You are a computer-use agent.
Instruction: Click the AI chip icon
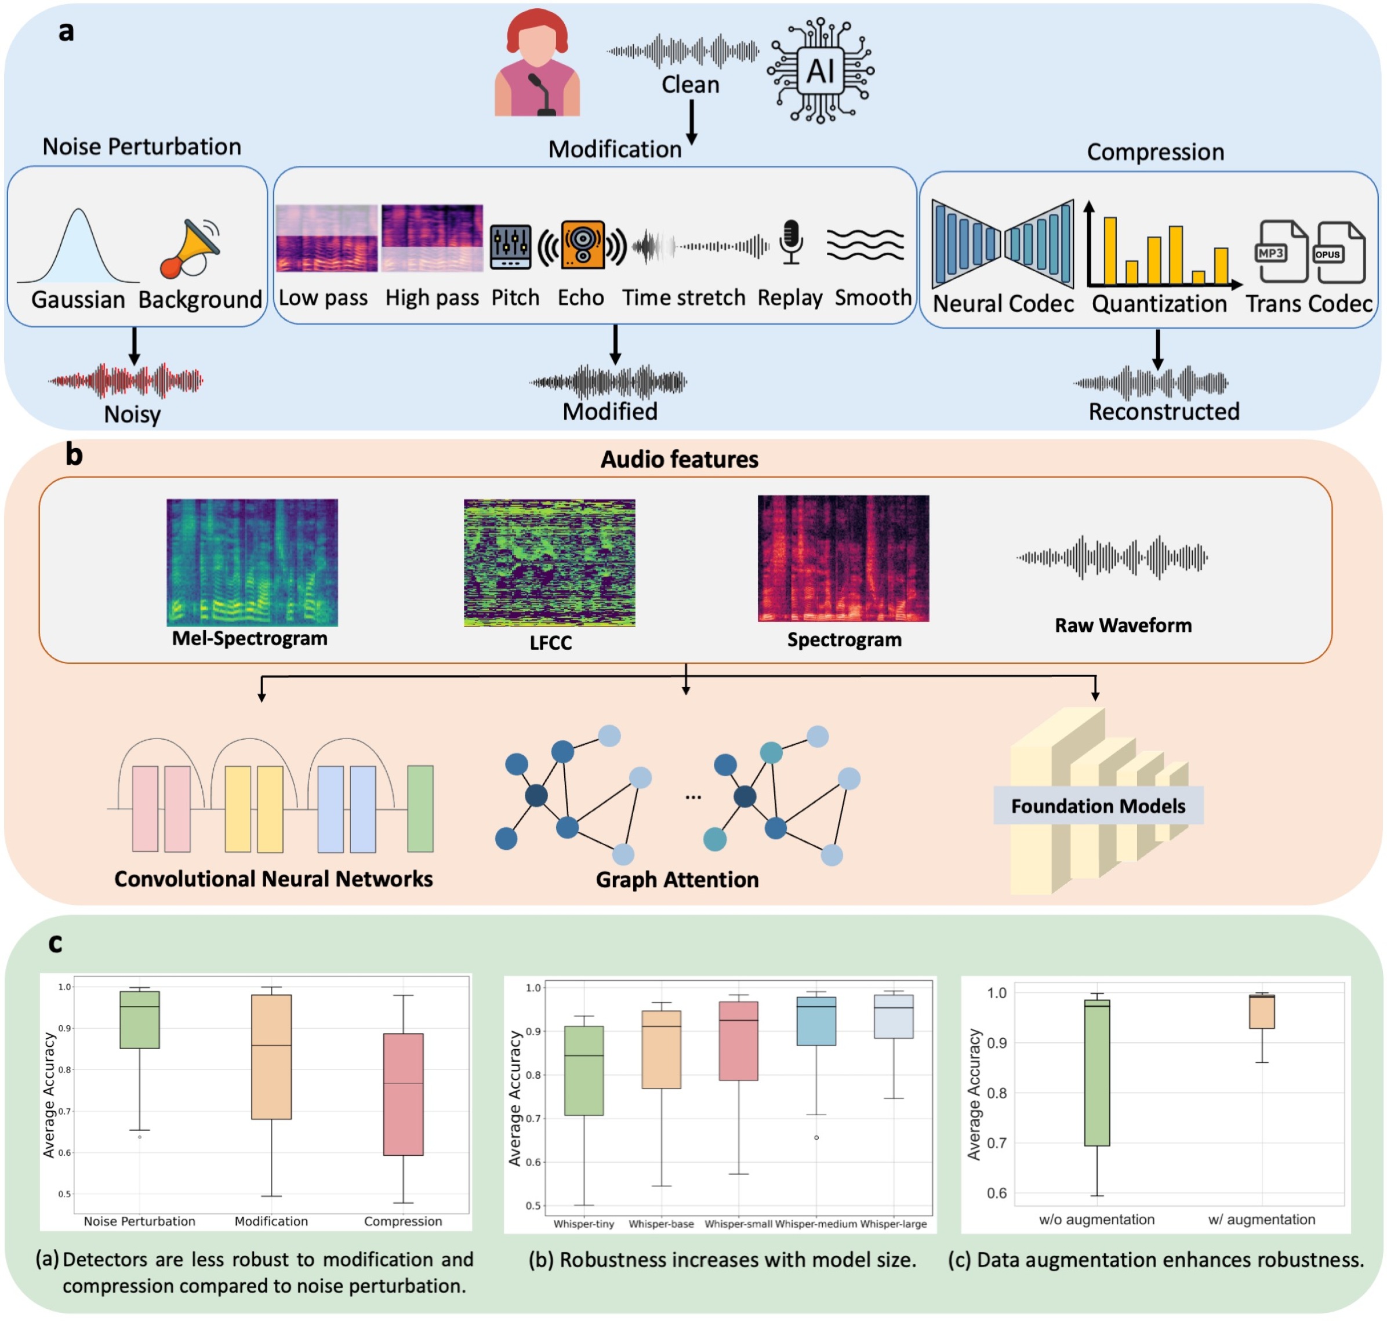(820, 70)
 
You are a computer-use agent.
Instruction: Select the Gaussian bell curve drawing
(78, 246)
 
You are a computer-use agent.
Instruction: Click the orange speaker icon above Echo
(582, 245)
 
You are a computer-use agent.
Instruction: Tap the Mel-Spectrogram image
(252, 562)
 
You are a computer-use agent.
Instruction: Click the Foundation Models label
(1098, 806)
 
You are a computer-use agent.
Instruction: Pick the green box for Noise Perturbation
(140, 1019)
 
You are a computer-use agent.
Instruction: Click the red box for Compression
(403, 1094)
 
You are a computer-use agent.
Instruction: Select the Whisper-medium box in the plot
(816, 1020)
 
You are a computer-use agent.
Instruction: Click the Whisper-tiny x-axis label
(583, 1224)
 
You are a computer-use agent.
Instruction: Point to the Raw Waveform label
(1123, 625)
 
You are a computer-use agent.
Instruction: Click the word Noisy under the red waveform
(132, 414)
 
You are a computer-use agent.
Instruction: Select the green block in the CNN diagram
(420, 809)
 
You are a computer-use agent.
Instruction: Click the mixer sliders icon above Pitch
(510, 246)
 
